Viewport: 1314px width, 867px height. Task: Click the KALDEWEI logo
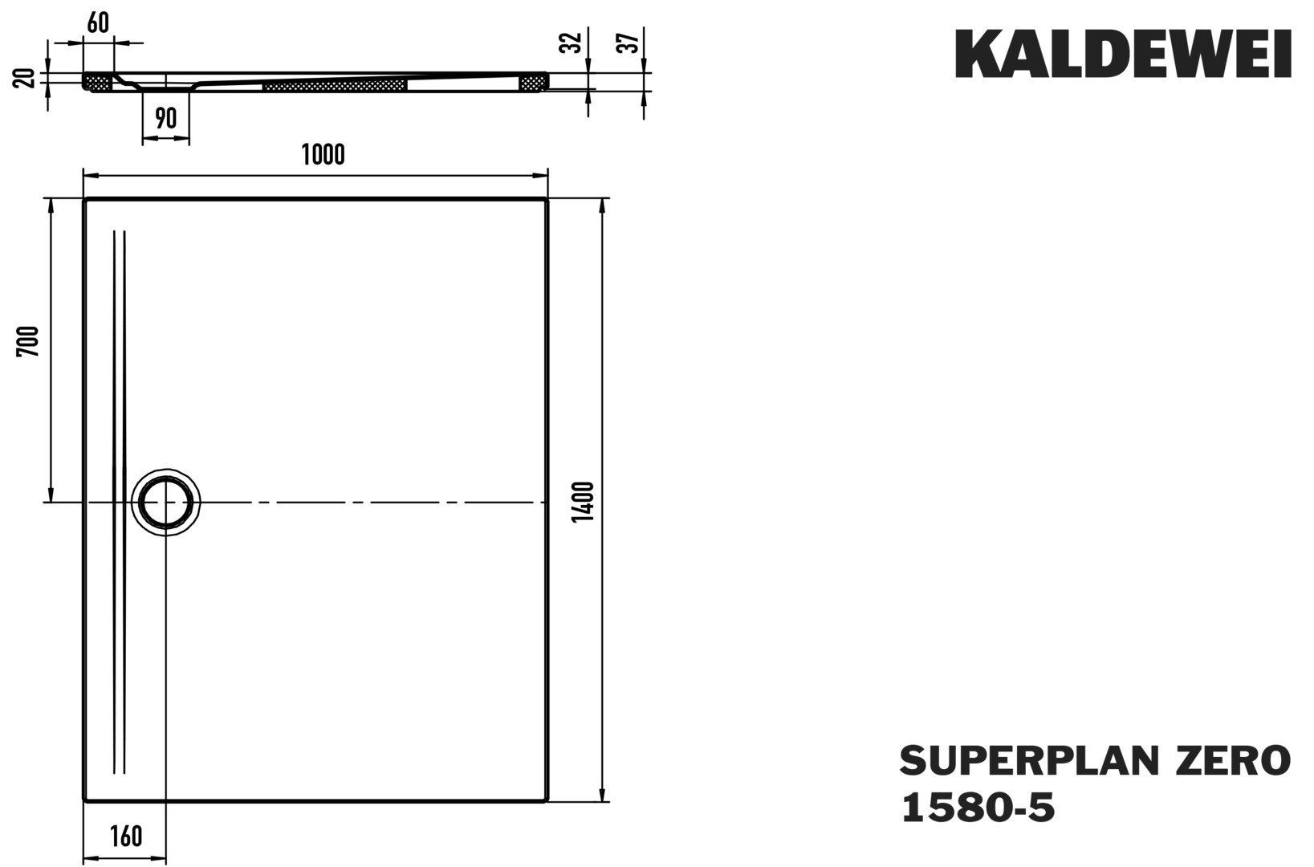point(1123,54)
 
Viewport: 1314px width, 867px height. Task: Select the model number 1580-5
point(978,808)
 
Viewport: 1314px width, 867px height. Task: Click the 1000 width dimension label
point(323,154)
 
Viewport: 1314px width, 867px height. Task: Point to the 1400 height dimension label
point(584,502)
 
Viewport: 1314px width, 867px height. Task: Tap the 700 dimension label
point(27,341)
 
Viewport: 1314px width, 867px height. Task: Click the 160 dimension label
point(126,836)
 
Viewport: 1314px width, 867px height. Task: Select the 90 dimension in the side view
point(166,119)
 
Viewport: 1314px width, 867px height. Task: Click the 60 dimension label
point(98,22)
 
